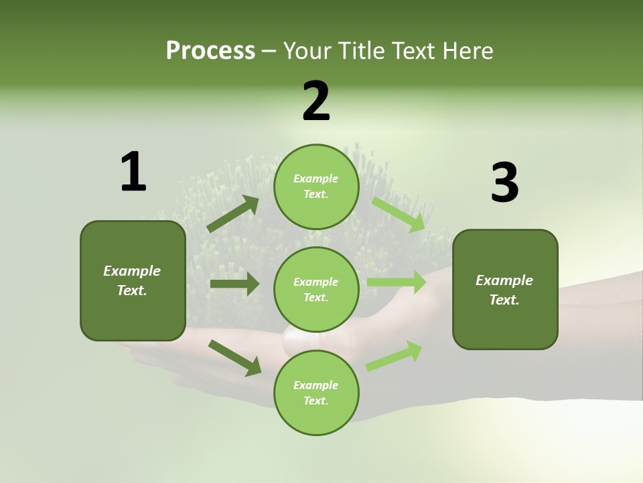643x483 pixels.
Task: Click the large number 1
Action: pos(133,172)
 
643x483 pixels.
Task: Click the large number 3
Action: pos(504,183)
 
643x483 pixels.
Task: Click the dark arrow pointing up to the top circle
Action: pos(233,214)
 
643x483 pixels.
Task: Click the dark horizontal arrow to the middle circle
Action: pos(234,284)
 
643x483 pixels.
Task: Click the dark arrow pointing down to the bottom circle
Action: pos(234,357)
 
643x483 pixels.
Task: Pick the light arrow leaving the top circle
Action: pos(399,214)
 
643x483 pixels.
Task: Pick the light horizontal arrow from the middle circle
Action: pos(397,282)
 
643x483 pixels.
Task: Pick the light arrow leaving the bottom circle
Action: pos(394,356)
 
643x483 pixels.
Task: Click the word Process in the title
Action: pos(210,50)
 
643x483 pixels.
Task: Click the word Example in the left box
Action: pos(132,271)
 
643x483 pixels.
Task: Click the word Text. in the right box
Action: pos(504,300)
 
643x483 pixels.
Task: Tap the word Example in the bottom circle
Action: pos(316,385)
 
